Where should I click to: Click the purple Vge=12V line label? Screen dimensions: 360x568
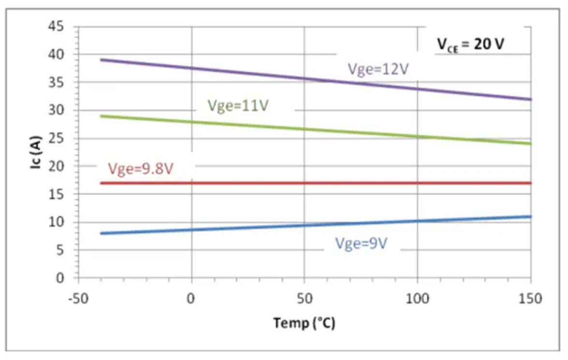tap(378, 69)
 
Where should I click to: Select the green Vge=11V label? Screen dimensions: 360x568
tap(238, 105)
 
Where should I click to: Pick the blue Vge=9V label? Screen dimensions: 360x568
tap(361, 244)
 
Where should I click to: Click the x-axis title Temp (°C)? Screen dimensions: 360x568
tap(304, 322)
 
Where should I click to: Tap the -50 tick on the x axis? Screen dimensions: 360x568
tap(78, 299)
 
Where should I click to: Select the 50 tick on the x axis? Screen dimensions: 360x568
tap(304, 299)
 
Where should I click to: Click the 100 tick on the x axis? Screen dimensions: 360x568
tap(417, 299)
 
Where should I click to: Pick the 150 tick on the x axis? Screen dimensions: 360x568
tap(530, 299)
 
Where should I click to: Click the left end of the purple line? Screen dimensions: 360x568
tap(101, 60)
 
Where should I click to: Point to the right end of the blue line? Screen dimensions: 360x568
tap(531, 216)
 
